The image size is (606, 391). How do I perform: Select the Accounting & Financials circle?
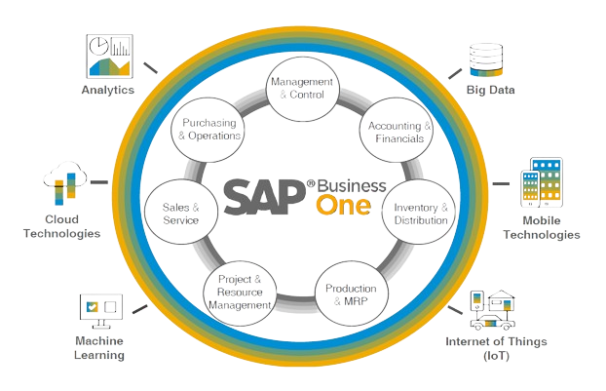[x=394, y=134]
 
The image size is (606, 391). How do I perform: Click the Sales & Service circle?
[x=180, y=215]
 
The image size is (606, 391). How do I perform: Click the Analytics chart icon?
[x=110, y=56]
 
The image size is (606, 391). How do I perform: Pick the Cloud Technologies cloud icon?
[x=61, y=185]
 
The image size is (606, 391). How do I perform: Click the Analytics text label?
[x=108, y=91]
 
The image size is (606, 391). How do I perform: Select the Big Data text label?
[x=490, y=91]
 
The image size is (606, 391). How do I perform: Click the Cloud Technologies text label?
[x=61, y=226]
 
